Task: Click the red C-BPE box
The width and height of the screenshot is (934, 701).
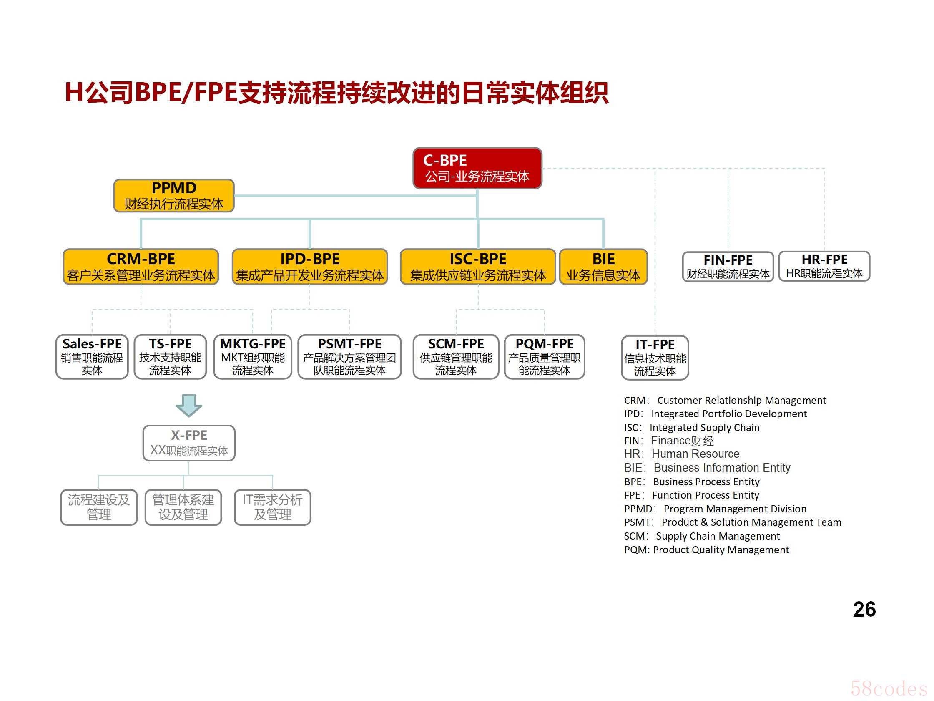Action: pos(477,168)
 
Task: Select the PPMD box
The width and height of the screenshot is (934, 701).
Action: pos(174,196)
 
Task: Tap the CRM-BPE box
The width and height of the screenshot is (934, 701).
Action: pos(141,267)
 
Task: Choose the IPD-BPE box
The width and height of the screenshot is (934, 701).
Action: pos(310,267)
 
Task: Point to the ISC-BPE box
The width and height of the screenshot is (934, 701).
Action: pos(478,267)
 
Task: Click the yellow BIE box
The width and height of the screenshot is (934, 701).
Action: pos(603,267)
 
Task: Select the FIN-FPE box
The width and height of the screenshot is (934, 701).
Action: pos(728,267)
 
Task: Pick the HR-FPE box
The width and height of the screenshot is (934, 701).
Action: pos(824,266)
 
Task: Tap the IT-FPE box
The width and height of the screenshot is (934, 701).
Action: pos(655,358)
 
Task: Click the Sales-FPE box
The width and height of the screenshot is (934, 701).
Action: pos(92,357)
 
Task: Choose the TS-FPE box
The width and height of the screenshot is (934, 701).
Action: pos(170,357)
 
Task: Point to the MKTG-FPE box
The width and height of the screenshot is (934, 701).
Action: pos(253,357)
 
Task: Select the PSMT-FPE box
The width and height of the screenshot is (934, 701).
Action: pos(349,357)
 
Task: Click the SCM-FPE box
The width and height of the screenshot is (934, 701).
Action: pos(456,357)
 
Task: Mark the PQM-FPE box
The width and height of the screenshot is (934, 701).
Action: pos(545,357)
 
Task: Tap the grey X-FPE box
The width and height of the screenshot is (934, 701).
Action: pos(189,443)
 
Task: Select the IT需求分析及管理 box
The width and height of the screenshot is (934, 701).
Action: pos(272,507)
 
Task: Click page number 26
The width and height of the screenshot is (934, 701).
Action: pos(864,609)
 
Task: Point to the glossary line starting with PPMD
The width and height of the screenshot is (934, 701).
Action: pos(715,509)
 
